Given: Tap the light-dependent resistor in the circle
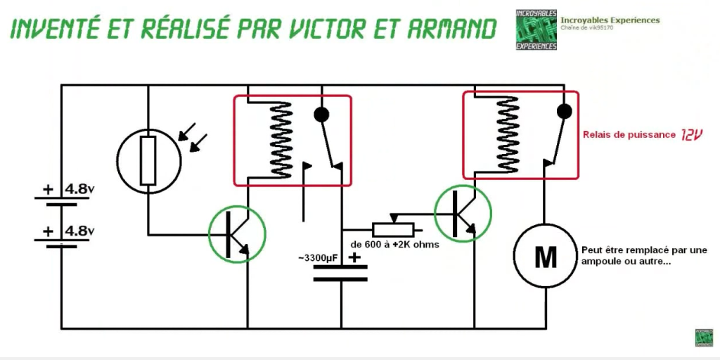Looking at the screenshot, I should (148, 161).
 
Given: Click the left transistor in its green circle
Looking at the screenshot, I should (238, 235).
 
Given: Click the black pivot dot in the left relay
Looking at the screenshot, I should (321, 115).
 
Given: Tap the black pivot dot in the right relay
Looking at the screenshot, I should (563, 111).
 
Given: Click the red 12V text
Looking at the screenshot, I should (691, 134).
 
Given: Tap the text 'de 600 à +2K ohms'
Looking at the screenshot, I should (399, 245).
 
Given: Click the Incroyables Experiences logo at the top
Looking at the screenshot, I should (536, 30).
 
